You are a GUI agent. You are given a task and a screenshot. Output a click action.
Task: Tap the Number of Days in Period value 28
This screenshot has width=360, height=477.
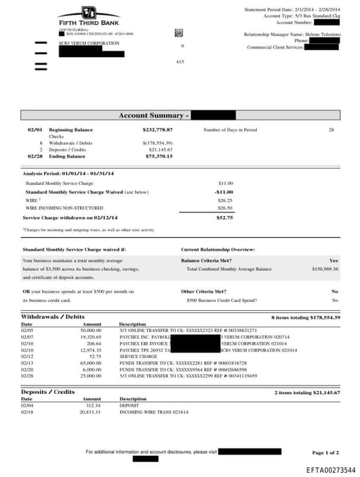(x=331, y=130)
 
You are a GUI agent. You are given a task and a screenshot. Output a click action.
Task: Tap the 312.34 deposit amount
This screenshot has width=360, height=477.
(x=93, y=405)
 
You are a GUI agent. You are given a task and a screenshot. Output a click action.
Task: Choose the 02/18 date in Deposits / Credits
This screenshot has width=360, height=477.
(x=27, y=412)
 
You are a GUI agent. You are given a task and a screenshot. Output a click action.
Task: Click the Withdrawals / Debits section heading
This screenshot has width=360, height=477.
(x=53, y=317)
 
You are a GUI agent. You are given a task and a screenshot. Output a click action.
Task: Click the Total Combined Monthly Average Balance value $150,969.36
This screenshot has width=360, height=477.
(x=325, y=269)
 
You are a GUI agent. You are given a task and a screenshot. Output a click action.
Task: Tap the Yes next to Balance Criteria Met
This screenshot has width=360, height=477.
(x=333, y=260)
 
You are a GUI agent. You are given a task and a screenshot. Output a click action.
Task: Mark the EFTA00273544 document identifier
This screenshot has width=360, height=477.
(x=330, y=469)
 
